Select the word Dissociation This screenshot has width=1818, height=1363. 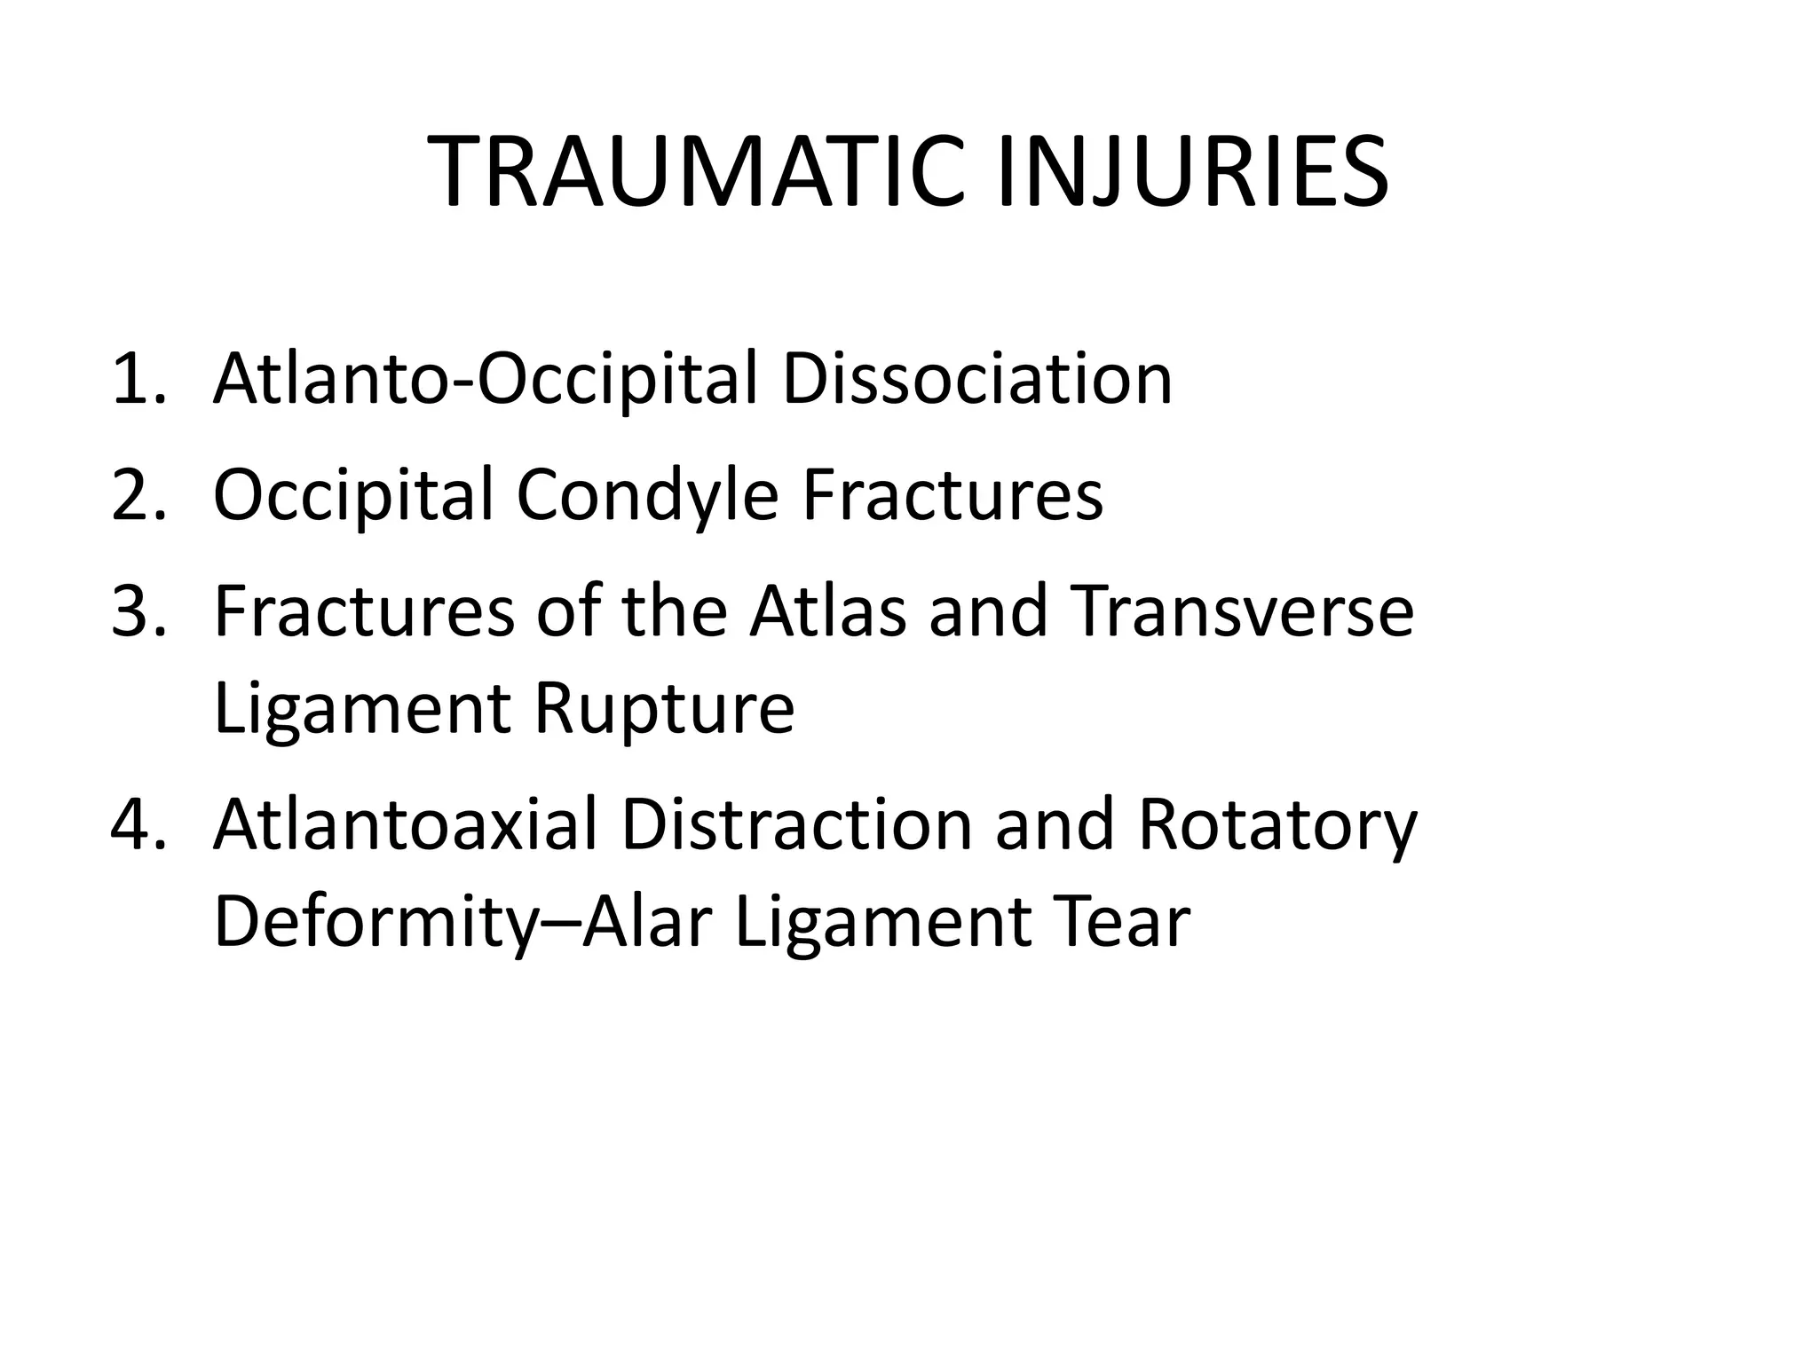click(976, 380)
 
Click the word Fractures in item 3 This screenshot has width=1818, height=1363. click(364, 611)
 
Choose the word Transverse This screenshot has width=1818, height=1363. click(1242, 611)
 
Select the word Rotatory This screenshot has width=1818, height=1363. click(1277, 824)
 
